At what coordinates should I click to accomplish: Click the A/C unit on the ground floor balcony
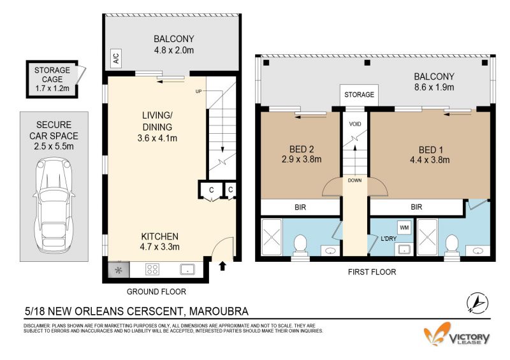(116, 59)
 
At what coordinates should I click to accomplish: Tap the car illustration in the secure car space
(54, 206)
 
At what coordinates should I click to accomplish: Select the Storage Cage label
(52, 79)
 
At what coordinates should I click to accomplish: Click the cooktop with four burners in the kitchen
(152, 270)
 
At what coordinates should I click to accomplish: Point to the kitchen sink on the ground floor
(187, 270)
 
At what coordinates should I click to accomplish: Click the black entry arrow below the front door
(222, 266)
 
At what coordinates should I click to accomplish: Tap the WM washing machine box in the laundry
(404, 227)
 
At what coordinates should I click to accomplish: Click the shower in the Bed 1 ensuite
(427, 237)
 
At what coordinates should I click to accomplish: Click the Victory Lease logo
(456, 334)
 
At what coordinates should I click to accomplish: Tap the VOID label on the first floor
(355, 124)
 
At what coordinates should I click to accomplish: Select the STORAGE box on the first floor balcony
(359, 95)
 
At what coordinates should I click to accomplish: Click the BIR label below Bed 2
(300, 207)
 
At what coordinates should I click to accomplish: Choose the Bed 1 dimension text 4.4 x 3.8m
(431, 160)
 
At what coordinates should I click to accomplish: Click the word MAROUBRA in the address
(219, 311)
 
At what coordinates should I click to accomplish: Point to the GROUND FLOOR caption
(156, 292)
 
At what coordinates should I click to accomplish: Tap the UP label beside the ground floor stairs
(198, 91)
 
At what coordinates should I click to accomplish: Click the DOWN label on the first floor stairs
(354, 180)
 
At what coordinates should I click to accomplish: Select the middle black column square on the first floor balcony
(367, 63)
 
